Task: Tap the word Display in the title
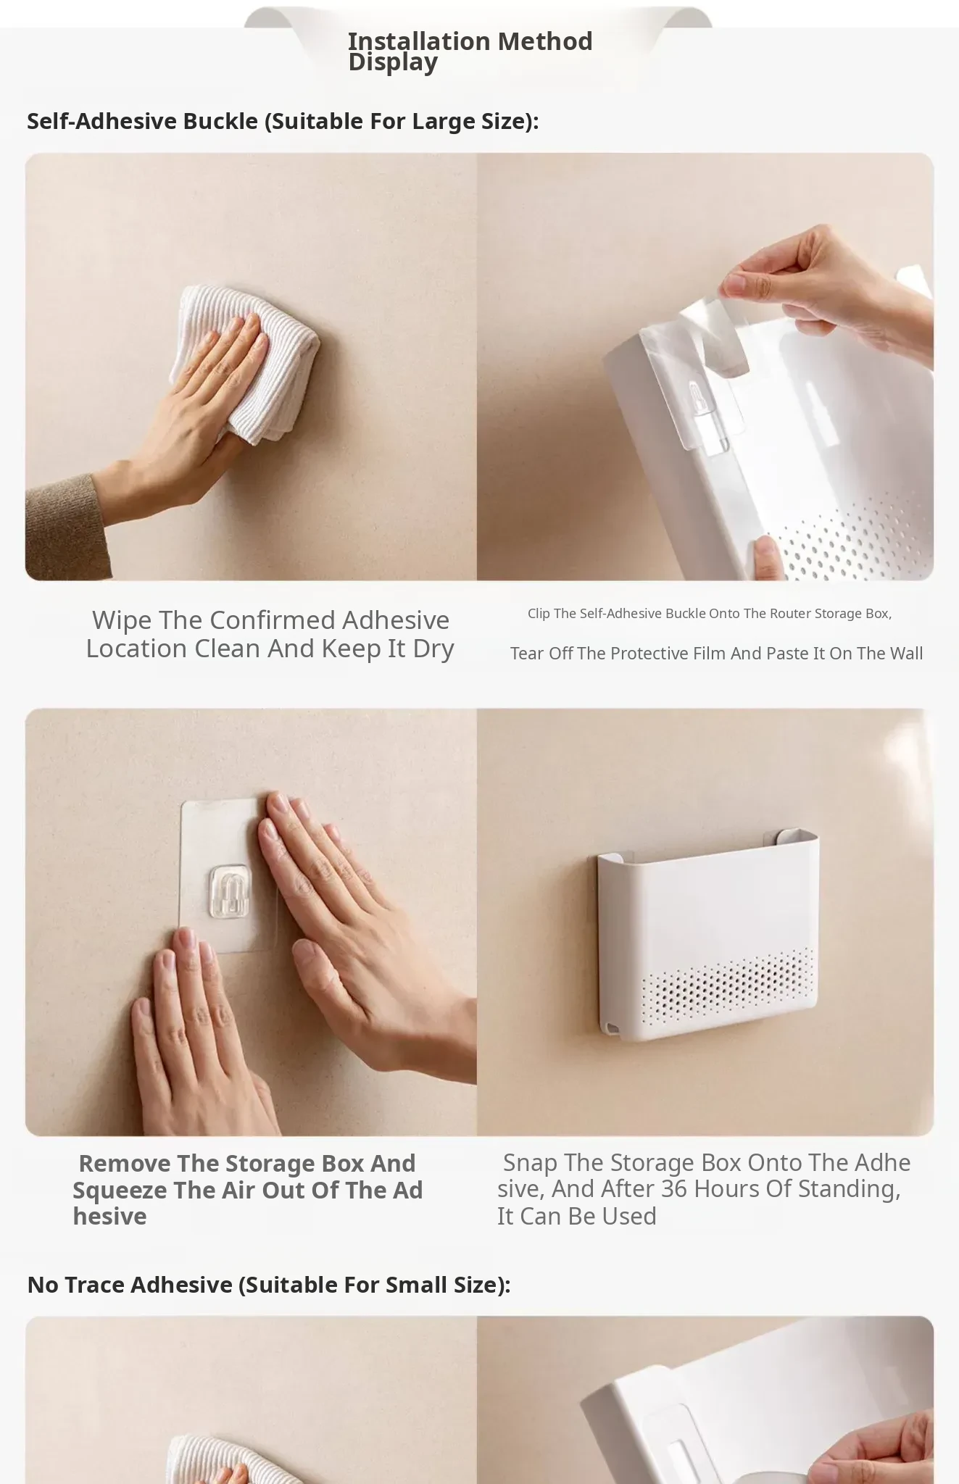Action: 393,62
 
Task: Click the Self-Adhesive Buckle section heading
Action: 283,121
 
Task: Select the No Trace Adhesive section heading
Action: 269,1285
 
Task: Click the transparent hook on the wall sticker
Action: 229,889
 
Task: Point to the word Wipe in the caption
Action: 122,620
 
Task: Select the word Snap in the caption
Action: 530,1163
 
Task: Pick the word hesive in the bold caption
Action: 109,1217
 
